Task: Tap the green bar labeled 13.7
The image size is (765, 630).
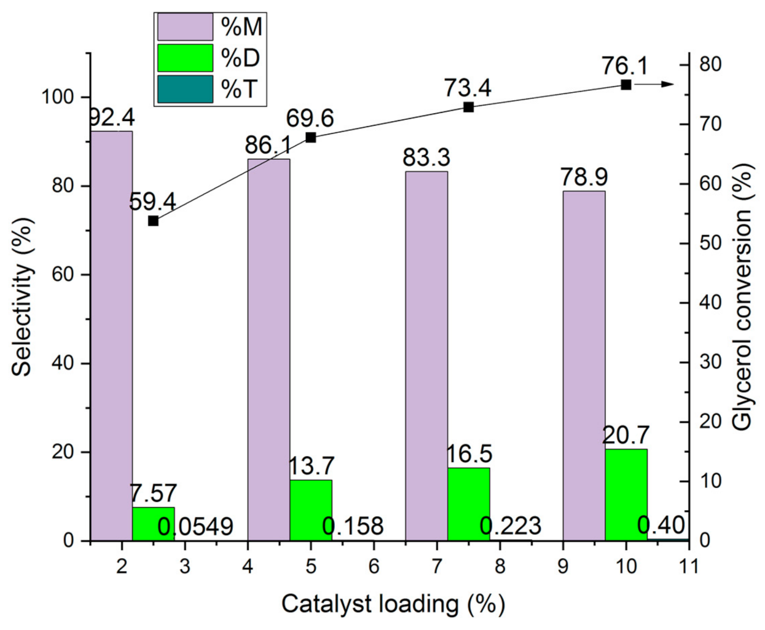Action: tap(311, 510)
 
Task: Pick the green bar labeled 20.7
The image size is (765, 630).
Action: tap(626, 495)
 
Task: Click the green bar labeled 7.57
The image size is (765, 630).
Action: tap(153, 524)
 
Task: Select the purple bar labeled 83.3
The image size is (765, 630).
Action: tap(426, 356)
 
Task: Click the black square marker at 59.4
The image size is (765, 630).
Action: tap(154, 221)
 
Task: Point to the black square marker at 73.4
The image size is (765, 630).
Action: tap(468, 107)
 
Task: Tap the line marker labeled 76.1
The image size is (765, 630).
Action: tap(626, 85)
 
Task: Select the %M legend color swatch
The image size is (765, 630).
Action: tap(185, 27)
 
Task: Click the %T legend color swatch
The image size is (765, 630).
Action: tap(185, 89)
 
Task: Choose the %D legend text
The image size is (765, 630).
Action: tap(240, 58)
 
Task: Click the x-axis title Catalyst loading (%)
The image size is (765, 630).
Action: tap(393, 604)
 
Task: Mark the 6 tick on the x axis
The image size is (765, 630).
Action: tap(374, 565)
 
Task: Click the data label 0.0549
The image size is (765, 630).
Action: tap(195, 527)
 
